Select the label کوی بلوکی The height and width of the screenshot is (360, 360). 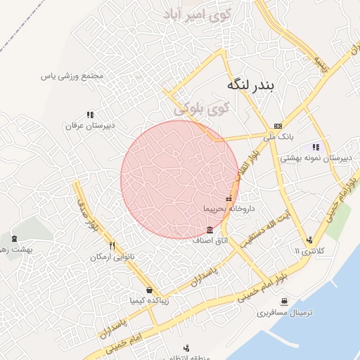coord(201,109)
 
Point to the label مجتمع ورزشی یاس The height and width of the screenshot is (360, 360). coord(72,75)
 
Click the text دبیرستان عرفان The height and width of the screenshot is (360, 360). coord(90,126)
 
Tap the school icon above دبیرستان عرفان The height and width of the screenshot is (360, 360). coord(90,114)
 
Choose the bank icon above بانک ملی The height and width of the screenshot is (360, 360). coord(278,125)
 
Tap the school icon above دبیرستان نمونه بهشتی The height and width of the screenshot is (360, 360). coord(316,147)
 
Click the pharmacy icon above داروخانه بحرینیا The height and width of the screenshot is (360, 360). coord(229,199)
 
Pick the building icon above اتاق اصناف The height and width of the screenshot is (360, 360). coord(211,230)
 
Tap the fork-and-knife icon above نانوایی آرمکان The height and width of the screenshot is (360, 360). coord(112,246)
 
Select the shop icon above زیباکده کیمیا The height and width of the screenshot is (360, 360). coord(149,290)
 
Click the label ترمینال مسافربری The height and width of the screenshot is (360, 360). coord(282,311)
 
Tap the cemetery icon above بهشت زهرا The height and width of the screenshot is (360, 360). coord(14,239)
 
